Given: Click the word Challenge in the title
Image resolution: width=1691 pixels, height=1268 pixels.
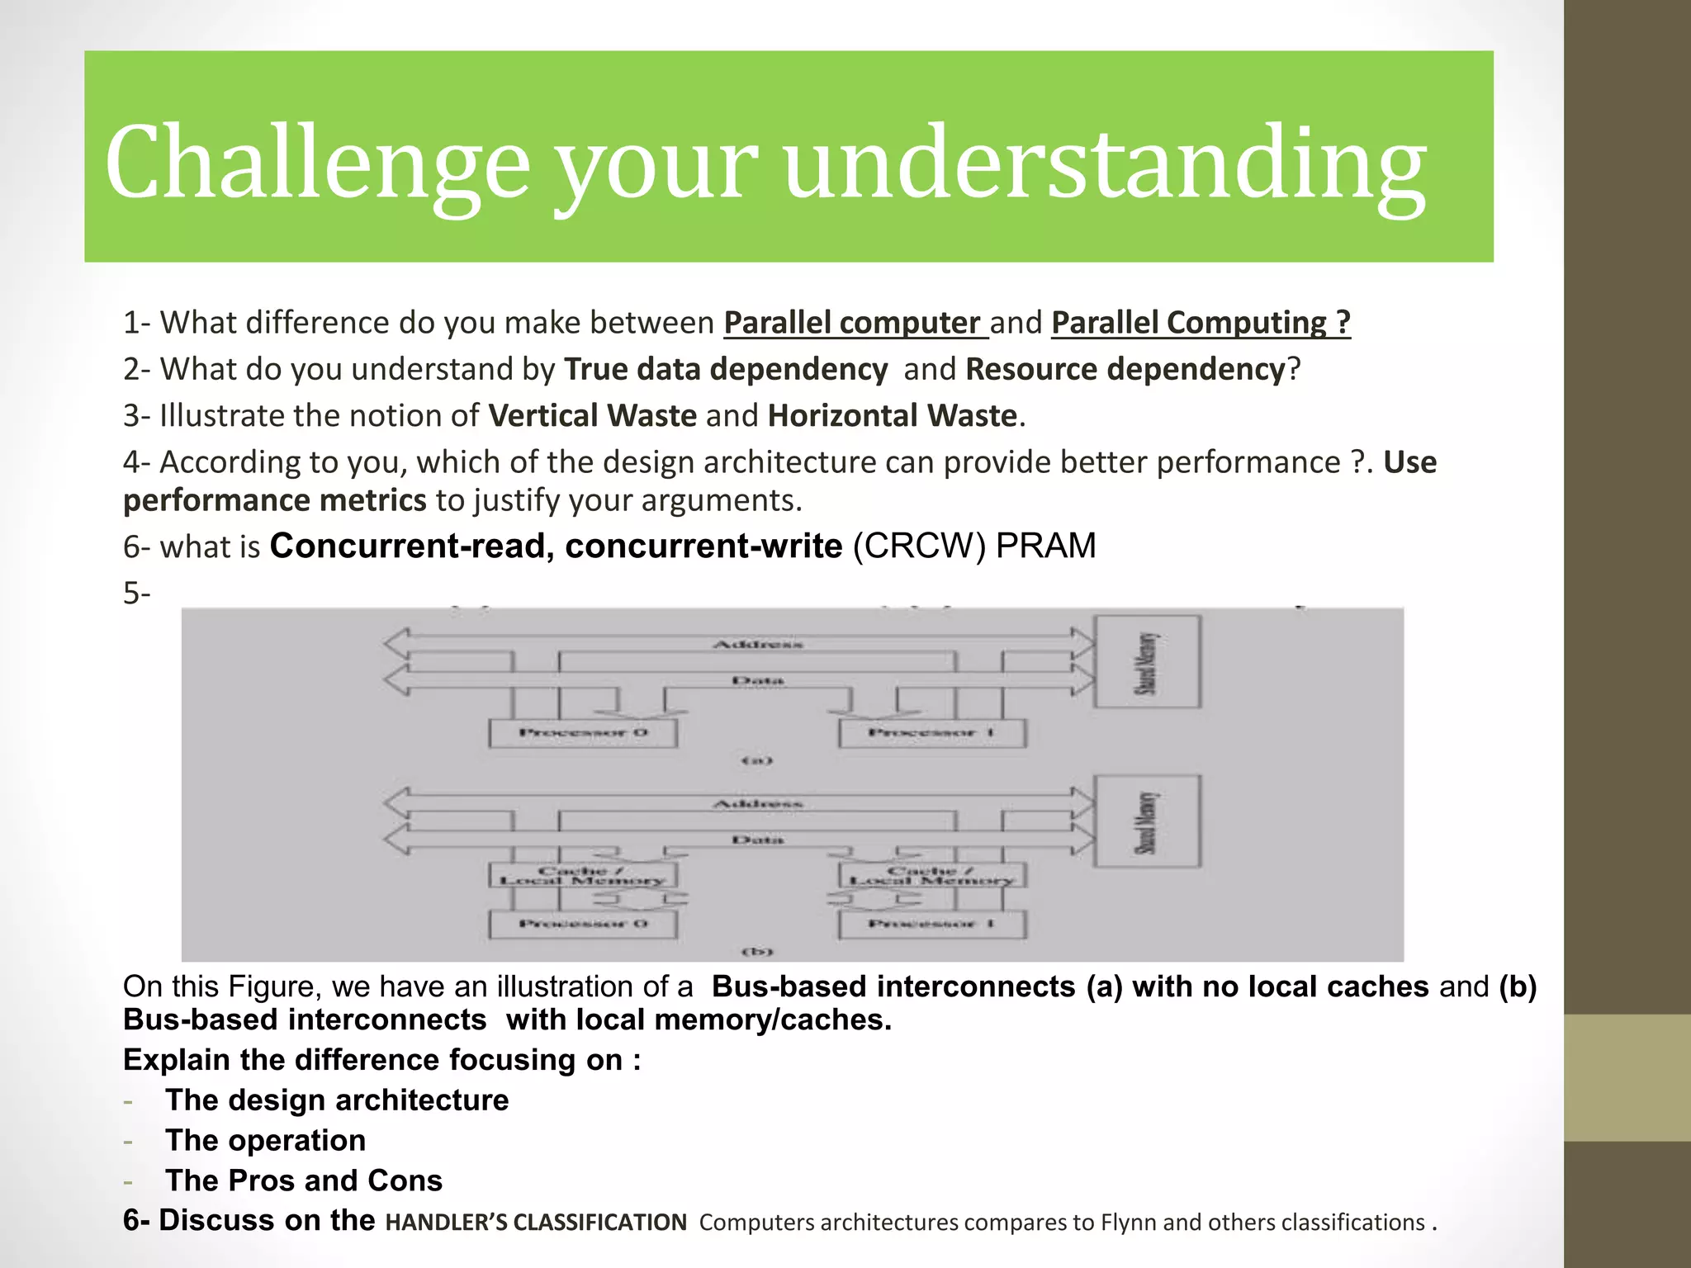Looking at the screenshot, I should click(x=317, y=162).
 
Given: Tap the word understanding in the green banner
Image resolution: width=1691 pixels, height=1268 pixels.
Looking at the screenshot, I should click(x=1105, y=162).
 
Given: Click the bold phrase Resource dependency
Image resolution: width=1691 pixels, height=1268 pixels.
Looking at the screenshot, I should click(x=1125, y=369).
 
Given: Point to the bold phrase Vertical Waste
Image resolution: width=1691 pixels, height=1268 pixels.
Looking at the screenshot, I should click(x=592, y=415).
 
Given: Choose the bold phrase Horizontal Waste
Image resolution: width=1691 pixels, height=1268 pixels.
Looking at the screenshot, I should click(x=892, y=415).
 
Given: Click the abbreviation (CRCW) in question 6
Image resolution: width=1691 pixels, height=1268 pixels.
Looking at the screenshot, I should click(x=918, y=546).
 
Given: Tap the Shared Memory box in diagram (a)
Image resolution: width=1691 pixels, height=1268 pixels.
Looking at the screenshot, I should click(x=1147, y=662).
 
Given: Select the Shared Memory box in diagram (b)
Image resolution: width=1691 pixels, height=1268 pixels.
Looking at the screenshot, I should click(x=1147, y=821).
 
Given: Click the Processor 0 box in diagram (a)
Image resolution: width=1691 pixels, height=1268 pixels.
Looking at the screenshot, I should click(x=583, y=733).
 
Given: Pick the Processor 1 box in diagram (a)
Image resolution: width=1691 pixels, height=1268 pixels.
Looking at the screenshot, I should click(x=932, y=733).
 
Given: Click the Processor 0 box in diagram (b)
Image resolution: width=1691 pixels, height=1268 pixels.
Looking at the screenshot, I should click(x=583, y=924).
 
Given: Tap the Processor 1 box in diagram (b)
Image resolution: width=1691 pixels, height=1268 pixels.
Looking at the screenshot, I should click(x=932, y=924).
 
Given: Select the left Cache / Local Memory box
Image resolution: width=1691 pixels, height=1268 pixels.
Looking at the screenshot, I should click(x=583, y=875).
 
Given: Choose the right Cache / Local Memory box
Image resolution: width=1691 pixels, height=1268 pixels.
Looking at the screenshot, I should click(x=932, y=875).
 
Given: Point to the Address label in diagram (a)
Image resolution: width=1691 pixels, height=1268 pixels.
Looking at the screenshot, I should click(x=757, y=644).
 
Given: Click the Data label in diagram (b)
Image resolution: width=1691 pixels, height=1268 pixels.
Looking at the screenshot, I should click(x=757, y=840).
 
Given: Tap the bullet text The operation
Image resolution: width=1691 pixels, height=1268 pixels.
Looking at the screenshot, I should click(x=265, y=1140).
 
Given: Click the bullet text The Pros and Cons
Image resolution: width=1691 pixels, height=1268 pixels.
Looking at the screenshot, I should click(x=304, y=1180).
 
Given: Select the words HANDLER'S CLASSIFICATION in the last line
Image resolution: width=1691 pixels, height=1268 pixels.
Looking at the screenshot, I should click(x=536, y=1223).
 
